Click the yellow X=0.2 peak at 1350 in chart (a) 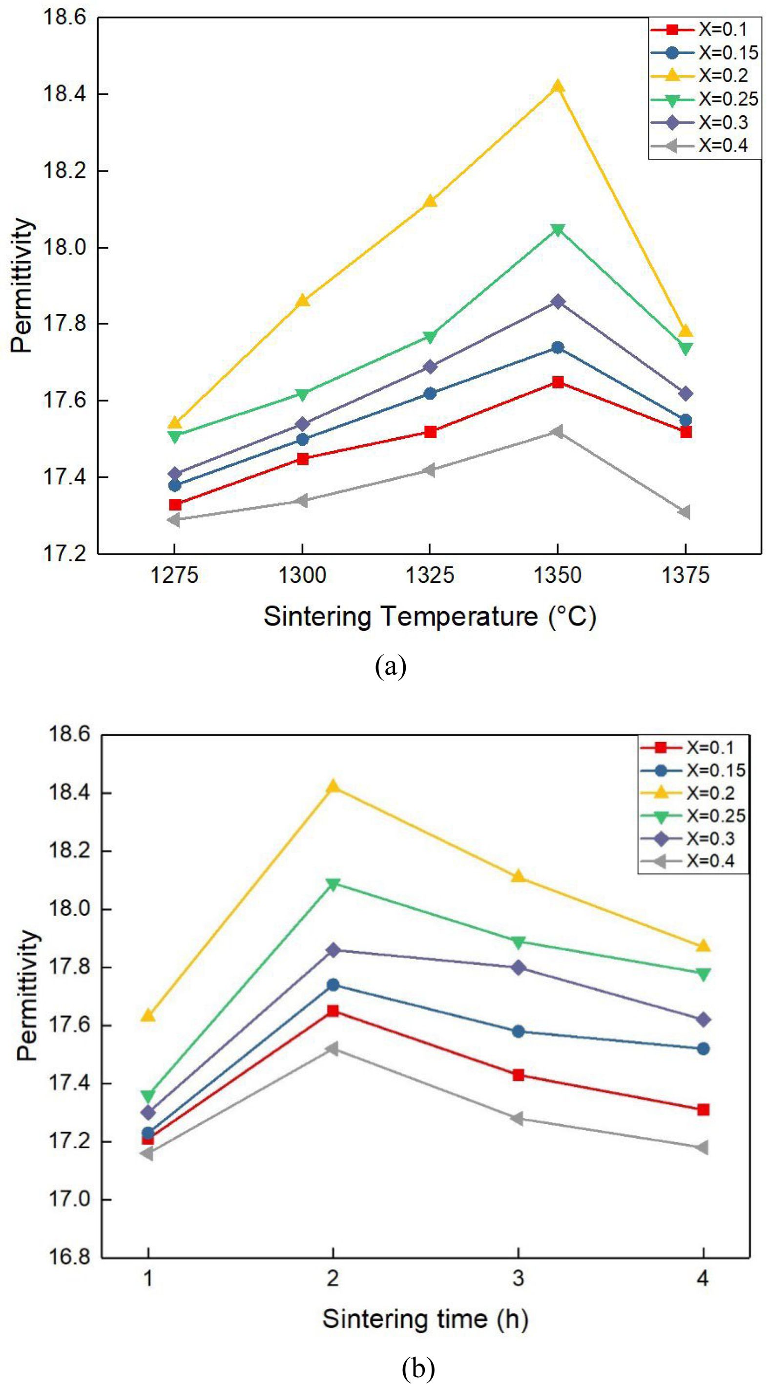click(558, 86)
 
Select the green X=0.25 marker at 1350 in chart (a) click(558, 231)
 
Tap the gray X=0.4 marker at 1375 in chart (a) click(685, 512)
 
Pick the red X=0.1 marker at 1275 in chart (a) click(175, 505)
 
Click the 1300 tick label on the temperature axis click(302, 576)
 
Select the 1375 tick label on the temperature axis click(685, 576)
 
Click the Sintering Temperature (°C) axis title click(430, 617)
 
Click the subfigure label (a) click(390, 666)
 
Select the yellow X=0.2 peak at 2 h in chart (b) click(333, 787)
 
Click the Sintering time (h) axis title click(425, 1319)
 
